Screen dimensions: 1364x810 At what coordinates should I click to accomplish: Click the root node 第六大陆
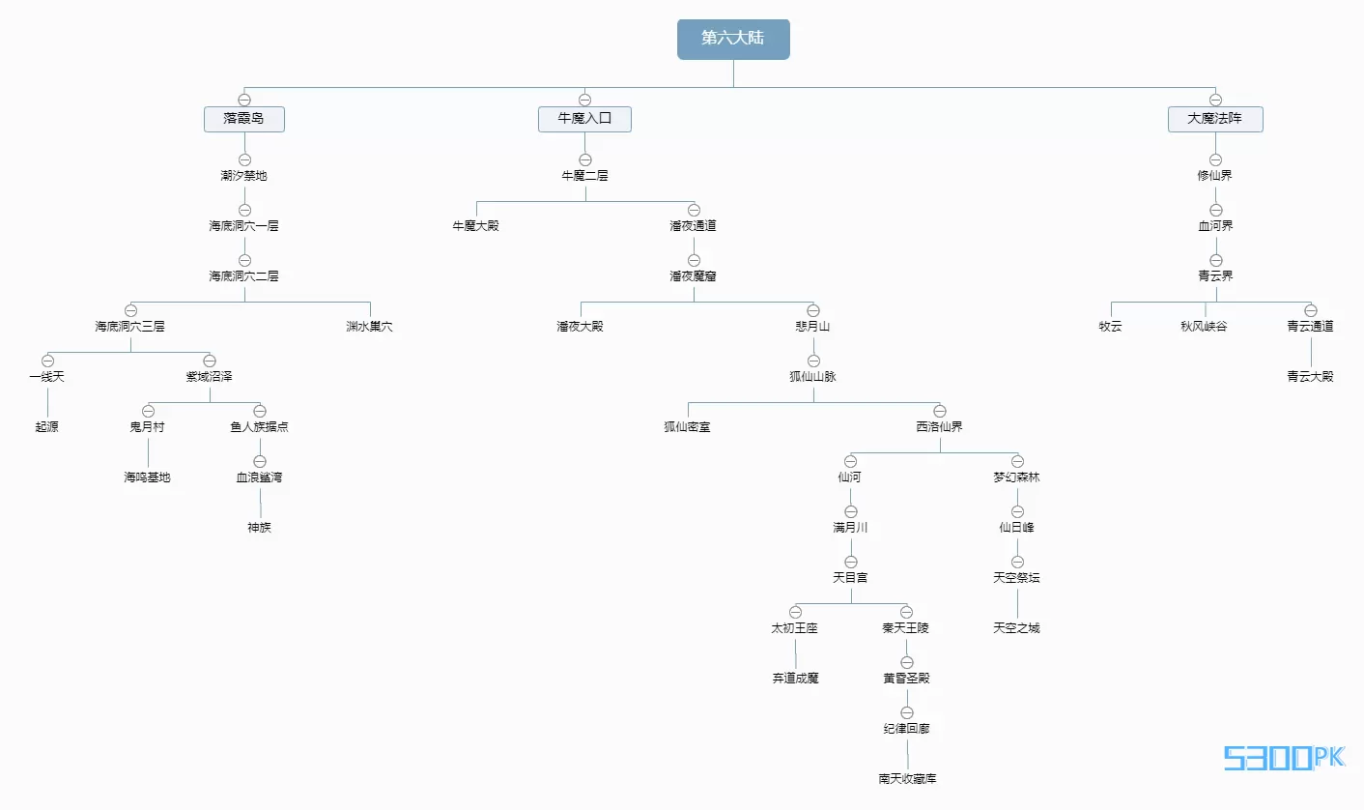(x=733, y=39)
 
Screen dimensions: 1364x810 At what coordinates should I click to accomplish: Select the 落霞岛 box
(x=244, y=119)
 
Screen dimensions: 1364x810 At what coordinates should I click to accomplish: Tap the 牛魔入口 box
(x=584, y=119)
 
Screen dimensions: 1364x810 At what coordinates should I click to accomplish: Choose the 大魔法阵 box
(x=1215, y=119)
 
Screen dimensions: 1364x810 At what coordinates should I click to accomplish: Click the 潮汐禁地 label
(x=244, y=176)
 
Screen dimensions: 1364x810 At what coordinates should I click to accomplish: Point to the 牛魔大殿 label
(x=475, y=226)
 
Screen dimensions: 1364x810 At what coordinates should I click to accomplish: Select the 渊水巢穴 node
(x=370, y=327)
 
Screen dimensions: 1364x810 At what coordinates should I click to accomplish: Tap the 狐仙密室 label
(x=688, y=427)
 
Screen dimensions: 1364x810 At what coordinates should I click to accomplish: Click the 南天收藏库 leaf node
(x=907, y=779)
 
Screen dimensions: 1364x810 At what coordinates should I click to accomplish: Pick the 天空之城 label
(x=1017, y=628)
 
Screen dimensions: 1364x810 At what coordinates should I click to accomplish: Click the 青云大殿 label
(x=1311, y=377)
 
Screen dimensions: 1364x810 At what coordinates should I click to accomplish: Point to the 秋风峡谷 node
(x=1204, y=327)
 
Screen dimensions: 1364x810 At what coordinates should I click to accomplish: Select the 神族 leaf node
(x=260, y=528)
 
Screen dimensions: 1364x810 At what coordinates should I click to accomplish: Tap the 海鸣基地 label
(x=148, y=477)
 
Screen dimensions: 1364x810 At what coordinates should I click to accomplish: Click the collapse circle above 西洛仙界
(x=940, y=411)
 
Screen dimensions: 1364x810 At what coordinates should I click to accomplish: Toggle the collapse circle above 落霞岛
(x=244, y=100)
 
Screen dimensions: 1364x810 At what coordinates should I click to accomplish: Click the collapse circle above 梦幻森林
(x=1017, y=461)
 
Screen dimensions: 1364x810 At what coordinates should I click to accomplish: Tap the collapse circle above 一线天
(x=47, y=361)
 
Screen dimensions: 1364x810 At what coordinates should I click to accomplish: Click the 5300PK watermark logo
(x=1284, y=758)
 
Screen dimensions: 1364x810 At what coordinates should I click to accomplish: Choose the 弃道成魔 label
(x=795, y=679)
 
